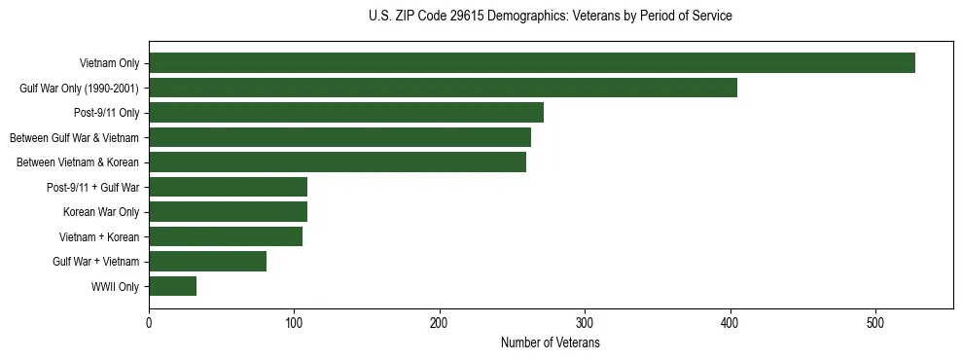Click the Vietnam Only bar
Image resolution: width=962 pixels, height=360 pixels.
tap(531, 63)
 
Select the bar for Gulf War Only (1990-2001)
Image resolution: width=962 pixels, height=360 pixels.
tap(443, 88)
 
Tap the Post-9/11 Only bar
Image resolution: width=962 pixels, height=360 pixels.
tap(345, 113)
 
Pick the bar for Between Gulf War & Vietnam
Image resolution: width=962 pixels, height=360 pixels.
tap(339, 137)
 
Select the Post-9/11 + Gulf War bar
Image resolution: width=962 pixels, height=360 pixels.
tap(228, 187)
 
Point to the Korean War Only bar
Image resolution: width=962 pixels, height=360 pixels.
tap(228, 212)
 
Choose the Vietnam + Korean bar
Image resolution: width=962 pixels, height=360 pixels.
tap(226, 236)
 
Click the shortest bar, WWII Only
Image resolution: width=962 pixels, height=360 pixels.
tap(172, 286)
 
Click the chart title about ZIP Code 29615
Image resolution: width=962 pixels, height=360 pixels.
tap(551, 17)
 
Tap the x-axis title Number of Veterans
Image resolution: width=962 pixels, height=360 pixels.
tap(551, 343)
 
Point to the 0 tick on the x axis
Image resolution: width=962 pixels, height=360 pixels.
tap(149, 324)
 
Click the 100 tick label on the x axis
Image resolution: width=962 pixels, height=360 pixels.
tap(294, 324)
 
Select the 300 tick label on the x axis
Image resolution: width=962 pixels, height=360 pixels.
tap(585, 324)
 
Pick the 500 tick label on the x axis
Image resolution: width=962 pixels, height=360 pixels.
tap(875, 324)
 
